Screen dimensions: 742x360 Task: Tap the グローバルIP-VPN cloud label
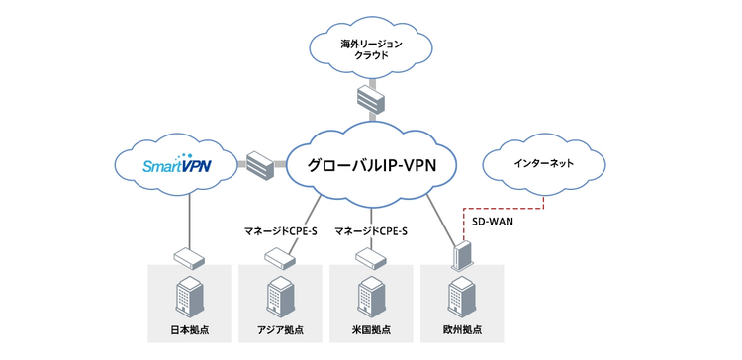point(371,165)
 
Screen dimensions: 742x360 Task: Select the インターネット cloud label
point(543,163)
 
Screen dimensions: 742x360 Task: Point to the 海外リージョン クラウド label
point(371,49)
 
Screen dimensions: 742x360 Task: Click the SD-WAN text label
point(493,223)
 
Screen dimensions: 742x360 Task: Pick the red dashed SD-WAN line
point(502,208)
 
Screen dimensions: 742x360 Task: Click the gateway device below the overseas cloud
point(371,98)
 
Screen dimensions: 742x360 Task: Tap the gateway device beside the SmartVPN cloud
point(260,164)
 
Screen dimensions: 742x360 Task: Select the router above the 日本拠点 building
point(189,259)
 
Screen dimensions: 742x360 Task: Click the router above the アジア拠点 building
point(280,259)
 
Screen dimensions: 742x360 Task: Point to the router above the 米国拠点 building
point(371,259)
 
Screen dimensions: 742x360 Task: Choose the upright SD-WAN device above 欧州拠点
point(461,256)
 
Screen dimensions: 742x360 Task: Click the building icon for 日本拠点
point(189,296)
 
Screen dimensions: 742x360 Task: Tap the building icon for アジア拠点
point(280,296)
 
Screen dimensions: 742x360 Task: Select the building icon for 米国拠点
point(371,296)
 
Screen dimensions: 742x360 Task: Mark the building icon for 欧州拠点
point(462,296)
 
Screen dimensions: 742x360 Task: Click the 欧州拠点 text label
point(462,329)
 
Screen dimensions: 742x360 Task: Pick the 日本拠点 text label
point(189,329)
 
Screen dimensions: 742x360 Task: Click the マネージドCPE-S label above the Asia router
point(280,231)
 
